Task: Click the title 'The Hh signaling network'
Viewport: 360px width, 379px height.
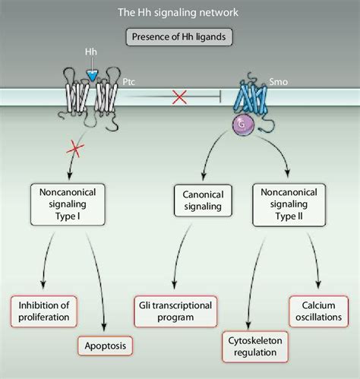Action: [178, 12]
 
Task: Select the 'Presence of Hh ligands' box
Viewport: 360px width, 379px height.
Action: [179, 37]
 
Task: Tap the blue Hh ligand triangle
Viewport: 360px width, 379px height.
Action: [92, 75]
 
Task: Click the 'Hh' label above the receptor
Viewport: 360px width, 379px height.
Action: [91, 52]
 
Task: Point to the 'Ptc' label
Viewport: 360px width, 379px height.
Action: [129, 82]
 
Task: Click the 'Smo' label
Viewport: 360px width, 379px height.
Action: [279, 82]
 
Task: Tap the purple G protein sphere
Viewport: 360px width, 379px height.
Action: [243, 125]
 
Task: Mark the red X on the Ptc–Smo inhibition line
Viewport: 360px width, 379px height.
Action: [179, 97]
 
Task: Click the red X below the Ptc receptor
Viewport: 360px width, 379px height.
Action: [75, 149]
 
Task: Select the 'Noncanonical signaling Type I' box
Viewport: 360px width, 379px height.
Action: [68, 204]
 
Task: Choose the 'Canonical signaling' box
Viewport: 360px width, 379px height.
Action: [203, 201]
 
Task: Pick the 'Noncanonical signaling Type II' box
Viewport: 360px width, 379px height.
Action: [289, 204]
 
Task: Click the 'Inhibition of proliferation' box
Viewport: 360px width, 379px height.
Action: [44, 311]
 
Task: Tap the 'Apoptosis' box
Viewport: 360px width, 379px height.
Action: [106, 346]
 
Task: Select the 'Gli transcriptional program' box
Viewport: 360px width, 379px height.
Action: [175, 311]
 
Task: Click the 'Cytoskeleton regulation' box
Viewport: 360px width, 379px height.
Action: [255, 346]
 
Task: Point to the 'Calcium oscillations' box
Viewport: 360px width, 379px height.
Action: [319, 311]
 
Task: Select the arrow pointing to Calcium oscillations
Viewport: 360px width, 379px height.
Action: [315, 260]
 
